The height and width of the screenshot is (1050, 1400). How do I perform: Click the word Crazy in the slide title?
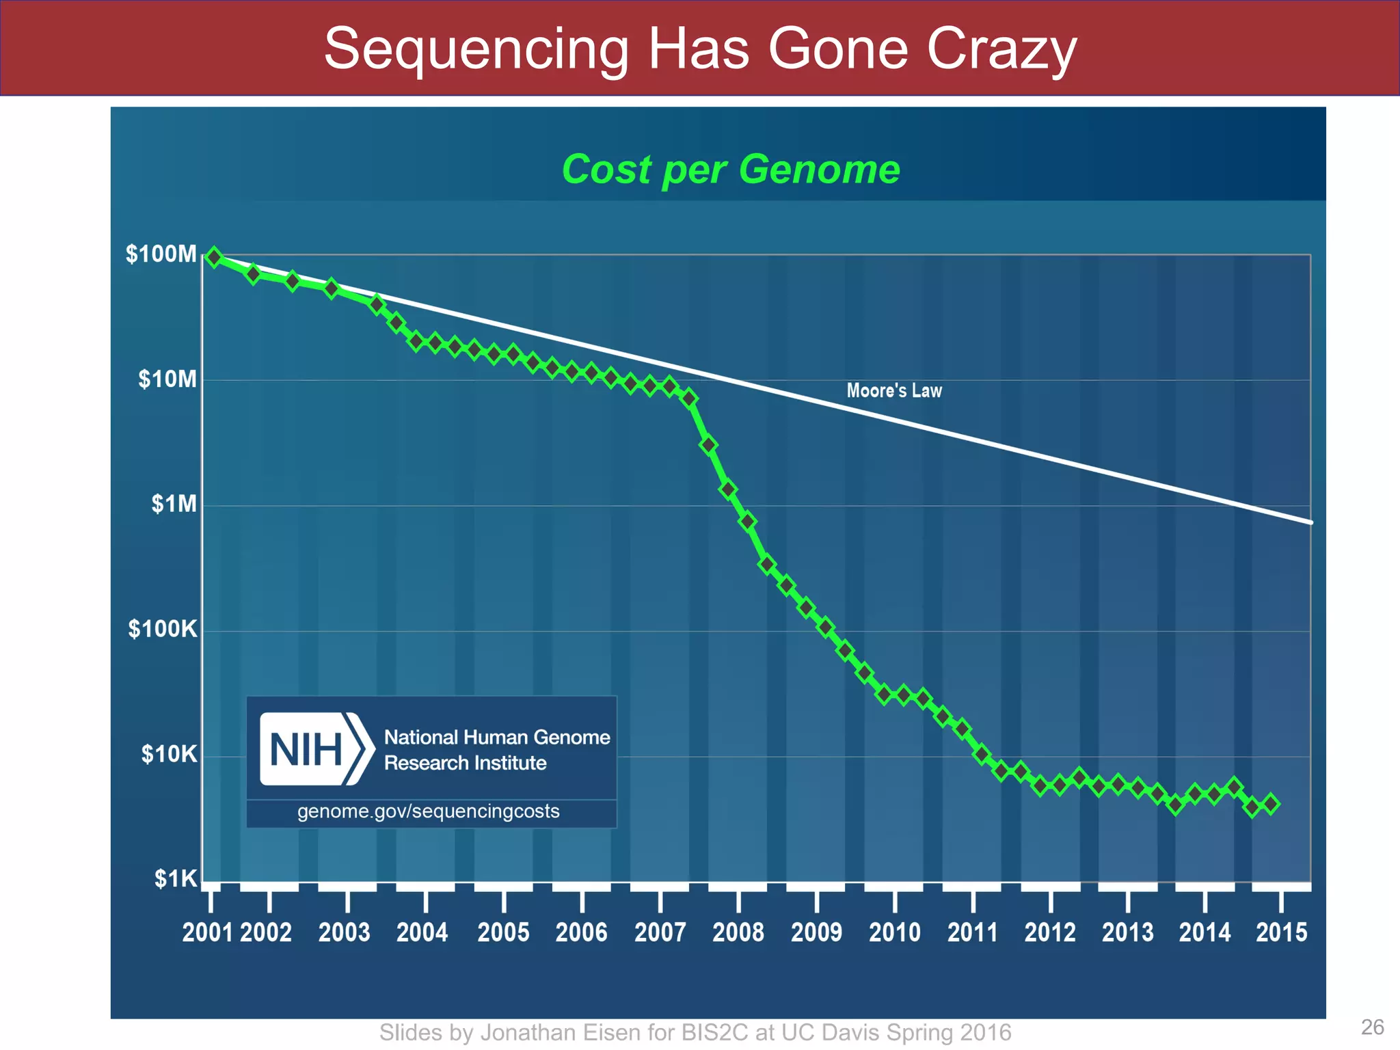[1001, 49]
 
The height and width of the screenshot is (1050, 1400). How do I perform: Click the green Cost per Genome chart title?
[730, 169]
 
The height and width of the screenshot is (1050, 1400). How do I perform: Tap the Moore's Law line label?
[894, 390]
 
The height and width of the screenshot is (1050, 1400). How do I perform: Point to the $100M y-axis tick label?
[161, 254]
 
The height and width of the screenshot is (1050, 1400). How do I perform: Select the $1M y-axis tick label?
[174, 504]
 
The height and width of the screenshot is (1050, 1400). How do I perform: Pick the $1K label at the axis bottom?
[175, 879]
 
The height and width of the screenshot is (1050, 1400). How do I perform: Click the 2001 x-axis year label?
[208, 932]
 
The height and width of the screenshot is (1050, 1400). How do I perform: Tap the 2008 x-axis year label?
[738, 932]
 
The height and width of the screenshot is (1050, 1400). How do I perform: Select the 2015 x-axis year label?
[1281, 932]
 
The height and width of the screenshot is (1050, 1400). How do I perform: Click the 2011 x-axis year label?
[973, 932]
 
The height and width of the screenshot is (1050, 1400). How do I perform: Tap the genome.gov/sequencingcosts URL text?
[429, 811]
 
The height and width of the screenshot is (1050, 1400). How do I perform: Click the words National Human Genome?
[497, 737]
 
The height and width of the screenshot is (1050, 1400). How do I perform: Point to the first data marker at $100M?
[214, 258]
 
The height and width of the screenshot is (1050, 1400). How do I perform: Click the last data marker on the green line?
[1271, 804]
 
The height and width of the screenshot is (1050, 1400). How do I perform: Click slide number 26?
[1372, 1027]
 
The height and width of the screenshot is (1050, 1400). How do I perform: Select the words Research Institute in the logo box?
[465, 763]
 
